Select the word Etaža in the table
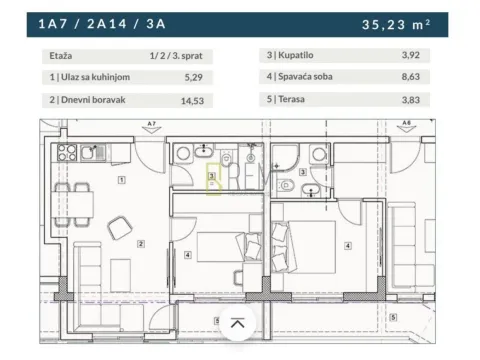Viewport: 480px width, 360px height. coord(60,58)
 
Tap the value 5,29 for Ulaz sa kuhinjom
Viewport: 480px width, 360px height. coord(205,78)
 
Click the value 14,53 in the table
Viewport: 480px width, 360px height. coord(203,100)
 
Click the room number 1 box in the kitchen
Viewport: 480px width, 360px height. coord(121,181)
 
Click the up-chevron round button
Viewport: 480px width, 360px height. coord(237,323)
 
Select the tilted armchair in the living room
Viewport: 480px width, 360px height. coord(121,226)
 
